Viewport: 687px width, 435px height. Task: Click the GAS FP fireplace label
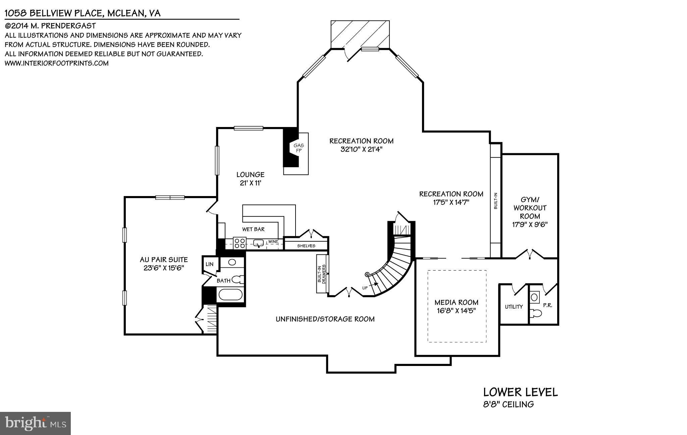[x=298, y=148]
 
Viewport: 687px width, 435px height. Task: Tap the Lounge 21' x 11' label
[x=250, y=179]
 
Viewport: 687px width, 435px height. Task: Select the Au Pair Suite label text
[x=164, y=260]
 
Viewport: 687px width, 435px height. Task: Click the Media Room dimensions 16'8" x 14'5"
[x=456, y=311]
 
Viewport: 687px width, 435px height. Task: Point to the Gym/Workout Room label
[x=530, y=212]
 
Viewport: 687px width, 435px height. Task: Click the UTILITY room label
[x=514, y=307]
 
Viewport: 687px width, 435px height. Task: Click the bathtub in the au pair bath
[x=230, y=295]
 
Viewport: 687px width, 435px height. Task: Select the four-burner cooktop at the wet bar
[x=240, y=243]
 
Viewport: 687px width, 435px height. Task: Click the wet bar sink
[x=258, y=243]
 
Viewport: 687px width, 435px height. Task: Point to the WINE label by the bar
[x=273, y=242]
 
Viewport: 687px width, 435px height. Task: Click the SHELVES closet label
[x=306, y=246]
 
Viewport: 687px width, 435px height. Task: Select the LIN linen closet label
[x=209, y=264]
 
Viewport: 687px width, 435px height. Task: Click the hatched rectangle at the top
[x=360, y=35]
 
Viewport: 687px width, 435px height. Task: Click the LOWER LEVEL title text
[x=520, y=392]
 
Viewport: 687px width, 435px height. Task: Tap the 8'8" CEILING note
[x=508, y=405]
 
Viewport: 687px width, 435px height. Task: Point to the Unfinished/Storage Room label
[x=325, y=319]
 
